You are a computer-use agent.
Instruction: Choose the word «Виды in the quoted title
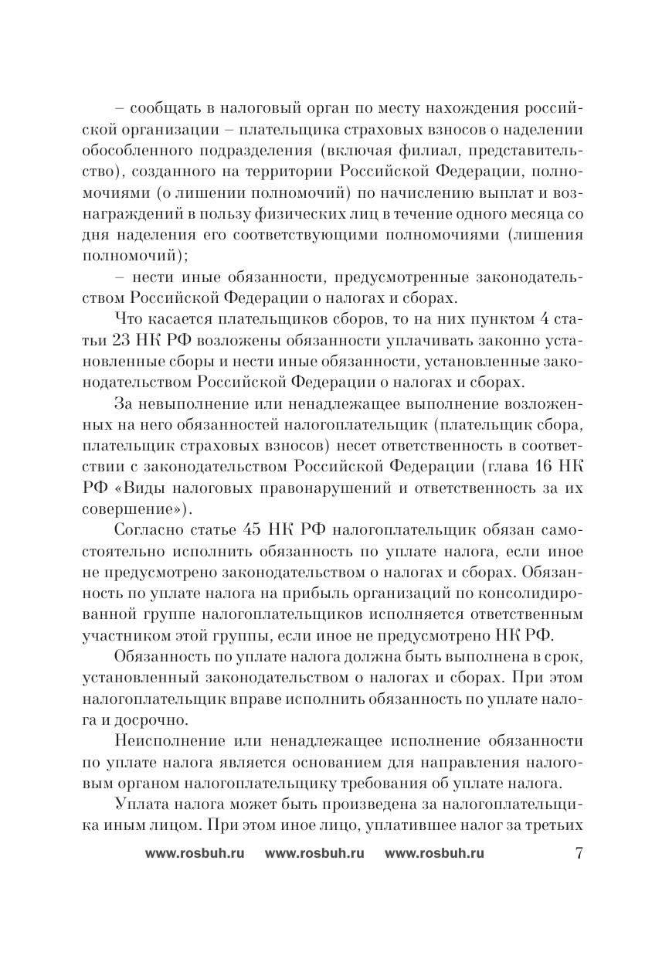(134, 488)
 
